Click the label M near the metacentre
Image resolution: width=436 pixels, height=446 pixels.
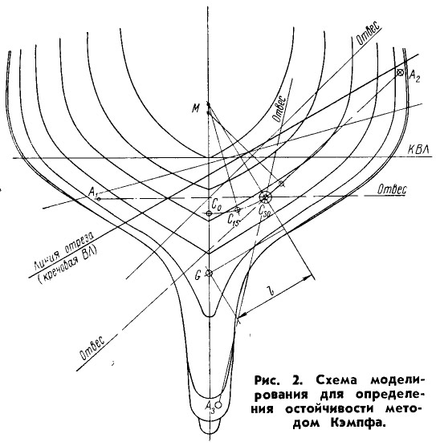(x=196, y=108)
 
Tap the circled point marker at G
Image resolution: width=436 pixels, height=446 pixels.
(x=209, y=274)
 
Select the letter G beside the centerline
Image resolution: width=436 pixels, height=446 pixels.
(x=198, y=275)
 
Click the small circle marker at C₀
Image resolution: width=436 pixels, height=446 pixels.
(x=209, y=213)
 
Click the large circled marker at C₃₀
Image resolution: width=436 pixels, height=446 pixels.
(x=265, y=197)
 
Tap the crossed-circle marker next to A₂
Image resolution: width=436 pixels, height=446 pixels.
(x=400, y=72)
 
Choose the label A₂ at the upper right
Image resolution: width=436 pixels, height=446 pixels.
(x=414, y=75)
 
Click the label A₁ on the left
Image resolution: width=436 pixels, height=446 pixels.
(x=93, y=193)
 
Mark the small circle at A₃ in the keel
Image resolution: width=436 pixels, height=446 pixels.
(x=218, y=404)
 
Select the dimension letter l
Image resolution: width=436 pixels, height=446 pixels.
(x=275, y=291)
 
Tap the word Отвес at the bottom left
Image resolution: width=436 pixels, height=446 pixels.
(x=92, y=347)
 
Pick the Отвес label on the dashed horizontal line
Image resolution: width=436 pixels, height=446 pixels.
(x=392, y=189)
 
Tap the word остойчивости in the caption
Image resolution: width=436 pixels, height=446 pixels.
(x=330, y=409)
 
